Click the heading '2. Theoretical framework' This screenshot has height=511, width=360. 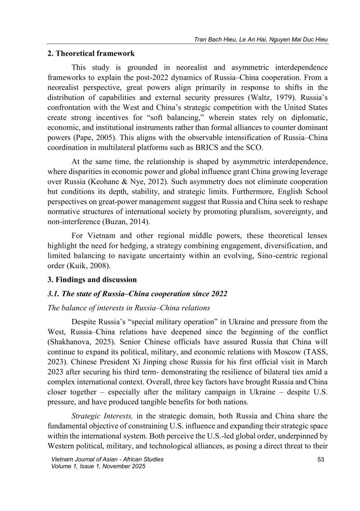90,54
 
